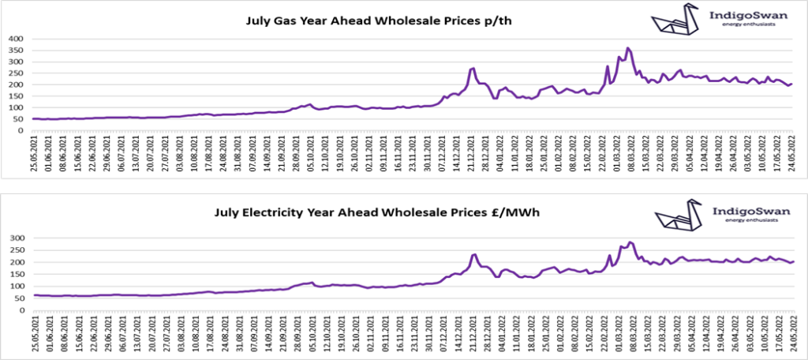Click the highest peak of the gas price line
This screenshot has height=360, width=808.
click(628, 48)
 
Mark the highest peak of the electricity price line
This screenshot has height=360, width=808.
click(630, 242)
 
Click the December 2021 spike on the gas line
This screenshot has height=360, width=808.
click(473, 68)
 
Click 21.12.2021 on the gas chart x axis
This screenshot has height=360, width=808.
click(472, 157)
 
